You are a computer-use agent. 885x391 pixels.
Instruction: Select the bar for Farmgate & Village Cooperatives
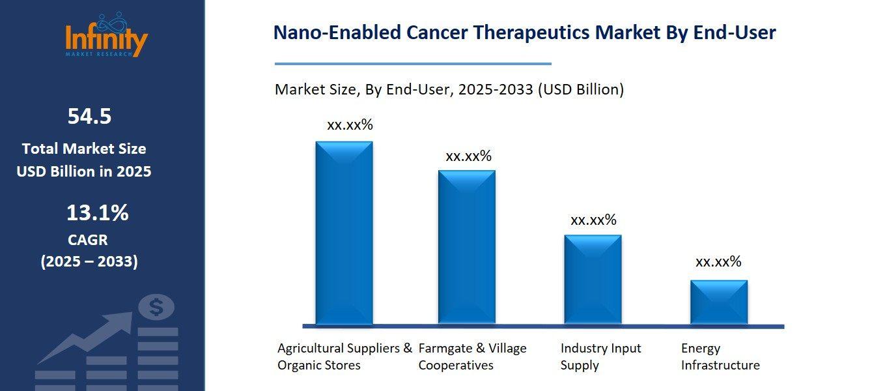pos(466,247)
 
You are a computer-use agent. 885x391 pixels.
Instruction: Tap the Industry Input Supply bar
pos(593,280)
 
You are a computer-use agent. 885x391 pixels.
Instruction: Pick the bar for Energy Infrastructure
pos(718,302)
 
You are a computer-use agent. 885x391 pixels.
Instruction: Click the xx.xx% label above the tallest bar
pos(350,125)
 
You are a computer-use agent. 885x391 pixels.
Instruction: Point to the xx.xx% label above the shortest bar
pos(718,262)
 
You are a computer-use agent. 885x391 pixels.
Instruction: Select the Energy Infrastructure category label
pos(720,356)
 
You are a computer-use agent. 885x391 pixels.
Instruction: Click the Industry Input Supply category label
pos(600,356)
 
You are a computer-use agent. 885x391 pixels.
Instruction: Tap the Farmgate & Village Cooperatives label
pos(472,356)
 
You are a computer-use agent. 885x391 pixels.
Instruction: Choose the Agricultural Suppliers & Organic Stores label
pos(344,356)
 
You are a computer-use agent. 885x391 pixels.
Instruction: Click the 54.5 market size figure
pos(89,117)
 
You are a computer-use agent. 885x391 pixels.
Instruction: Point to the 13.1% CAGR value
pos(97,212)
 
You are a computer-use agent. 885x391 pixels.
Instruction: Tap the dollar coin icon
pos(157,307)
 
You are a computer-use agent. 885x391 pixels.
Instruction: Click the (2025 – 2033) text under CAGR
pos(89,262)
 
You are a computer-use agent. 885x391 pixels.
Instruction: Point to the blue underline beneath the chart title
pos(413,64)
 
